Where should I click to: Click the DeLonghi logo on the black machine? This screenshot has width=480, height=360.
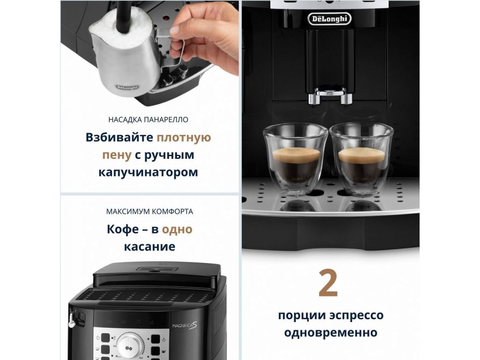tap(330, 19)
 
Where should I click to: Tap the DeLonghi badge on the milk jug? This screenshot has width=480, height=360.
tap(127, 88)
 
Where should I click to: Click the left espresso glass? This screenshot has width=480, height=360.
tap(295, 159)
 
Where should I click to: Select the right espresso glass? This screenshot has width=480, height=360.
tap(361, 159)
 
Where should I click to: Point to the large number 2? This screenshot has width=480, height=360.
tap(328, 283)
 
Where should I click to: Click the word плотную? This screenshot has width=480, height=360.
tap(184, 138)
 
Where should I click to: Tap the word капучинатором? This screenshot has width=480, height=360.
tap(148, 172)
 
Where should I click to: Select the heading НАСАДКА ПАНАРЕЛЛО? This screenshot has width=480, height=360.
tap(148, 120)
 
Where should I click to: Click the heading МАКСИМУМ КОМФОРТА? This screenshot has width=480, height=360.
tap(150, 211)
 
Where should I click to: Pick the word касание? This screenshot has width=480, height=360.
tap(150, 247)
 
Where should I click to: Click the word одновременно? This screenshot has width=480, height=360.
tap(330, 332)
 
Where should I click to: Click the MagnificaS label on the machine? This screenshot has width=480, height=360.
tap(185, 326)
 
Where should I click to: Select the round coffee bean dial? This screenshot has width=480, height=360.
tap(130, 347)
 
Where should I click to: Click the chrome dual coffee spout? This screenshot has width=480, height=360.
tap(330, 96)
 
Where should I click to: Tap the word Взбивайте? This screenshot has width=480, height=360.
tap(119, 137)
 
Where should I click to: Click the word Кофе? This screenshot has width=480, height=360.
tap(122, 229)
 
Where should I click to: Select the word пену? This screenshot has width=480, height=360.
tap(117, 155)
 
